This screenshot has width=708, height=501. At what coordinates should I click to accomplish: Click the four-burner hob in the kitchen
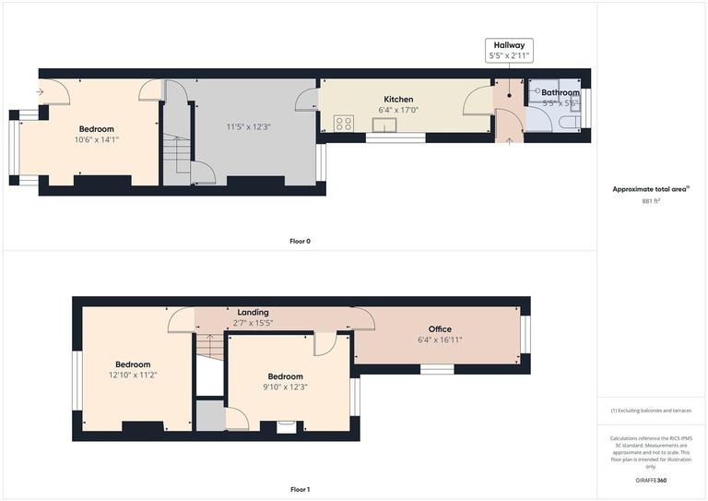pyautogui.click(x=344, y=123)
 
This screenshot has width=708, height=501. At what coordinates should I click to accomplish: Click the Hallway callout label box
pyautogui.click(x=509, y=50)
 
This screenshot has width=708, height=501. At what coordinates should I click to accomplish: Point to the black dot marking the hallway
pyautogui.click(x=509, y=94)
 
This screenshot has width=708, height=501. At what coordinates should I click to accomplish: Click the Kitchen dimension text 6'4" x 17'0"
pyautogui.click(x=398, y=111)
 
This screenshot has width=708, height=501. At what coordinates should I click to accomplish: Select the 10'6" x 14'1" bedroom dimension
pyautogui.click(x=96, y=140)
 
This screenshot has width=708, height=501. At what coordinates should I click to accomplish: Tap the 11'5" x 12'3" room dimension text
pyautogui.click(x=248, y=126)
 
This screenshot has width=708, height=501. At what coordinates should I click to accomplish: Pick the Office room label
pyautogui.click(x=439, y=329)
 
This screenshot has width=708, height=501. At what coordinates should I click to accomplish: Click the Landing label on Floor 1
pyautogui.click(x=253, y=313)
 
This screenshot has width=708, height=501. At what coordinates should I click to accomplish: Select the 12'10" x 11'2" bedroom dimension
pyautogui.click(x=132, y=375)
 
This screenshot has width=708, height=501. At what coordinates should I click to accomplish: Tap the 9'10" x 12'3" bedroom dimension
pyautogui.click(x=285, y=387)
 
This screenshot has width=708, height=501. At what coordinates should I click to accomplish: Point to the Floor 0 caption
pyautogui.click(x=300, y=241)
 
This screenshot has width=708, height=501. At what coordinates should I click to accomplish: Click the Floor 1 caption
pyautogui.click(x=300, y=489)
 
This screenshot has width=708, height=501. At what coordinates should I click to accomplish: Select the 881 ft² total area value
pyautogui.click(x=651, y=200)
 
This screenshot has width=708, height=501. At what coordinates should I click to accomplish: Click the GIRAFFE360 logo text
pyautogui.click(x=651, y=482)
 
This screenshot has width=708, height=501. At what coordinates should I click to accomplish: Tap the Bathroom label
pyautogui.click(x=560, y=93)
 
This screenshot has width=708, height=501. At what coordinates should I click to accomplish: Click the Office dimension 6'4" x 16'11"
pyautogui.click(x=439, y=340)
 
